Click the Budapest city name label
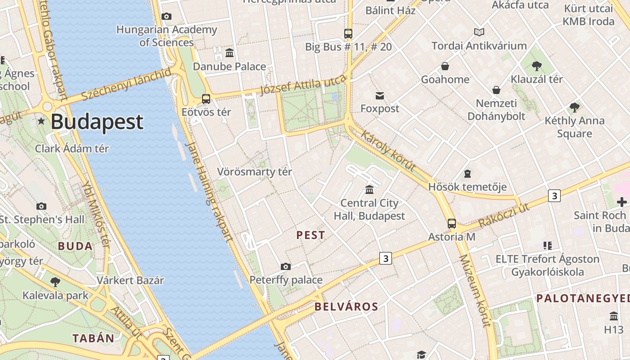click(97, 122)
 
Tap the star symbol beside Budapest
click(41, 121)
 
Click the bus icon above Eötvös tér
click(206, 99)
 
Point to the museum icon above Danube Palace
click(229, 53)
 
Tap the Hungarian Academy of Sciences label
click(166, 36)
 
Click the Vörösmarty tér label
click(255, 172)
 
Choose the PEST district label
click(310, 235)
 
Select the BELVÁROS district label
click(346, 307)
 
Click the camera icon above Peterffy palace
click(286, 266)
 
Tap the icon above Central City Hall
click(369, 189)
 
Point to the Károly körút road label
click(388, 151)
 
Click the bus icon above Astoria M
click(451, 223)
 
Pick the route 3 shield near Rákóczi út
click(554, 196)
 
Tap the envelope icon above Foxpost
click(380, 95)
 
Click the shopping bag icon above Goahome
click(445, 67)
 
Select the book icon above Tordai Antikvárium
click(479, 32)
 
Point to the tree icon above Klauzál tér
click(536, 66)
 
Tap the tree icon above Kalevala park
click(55, 282)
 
